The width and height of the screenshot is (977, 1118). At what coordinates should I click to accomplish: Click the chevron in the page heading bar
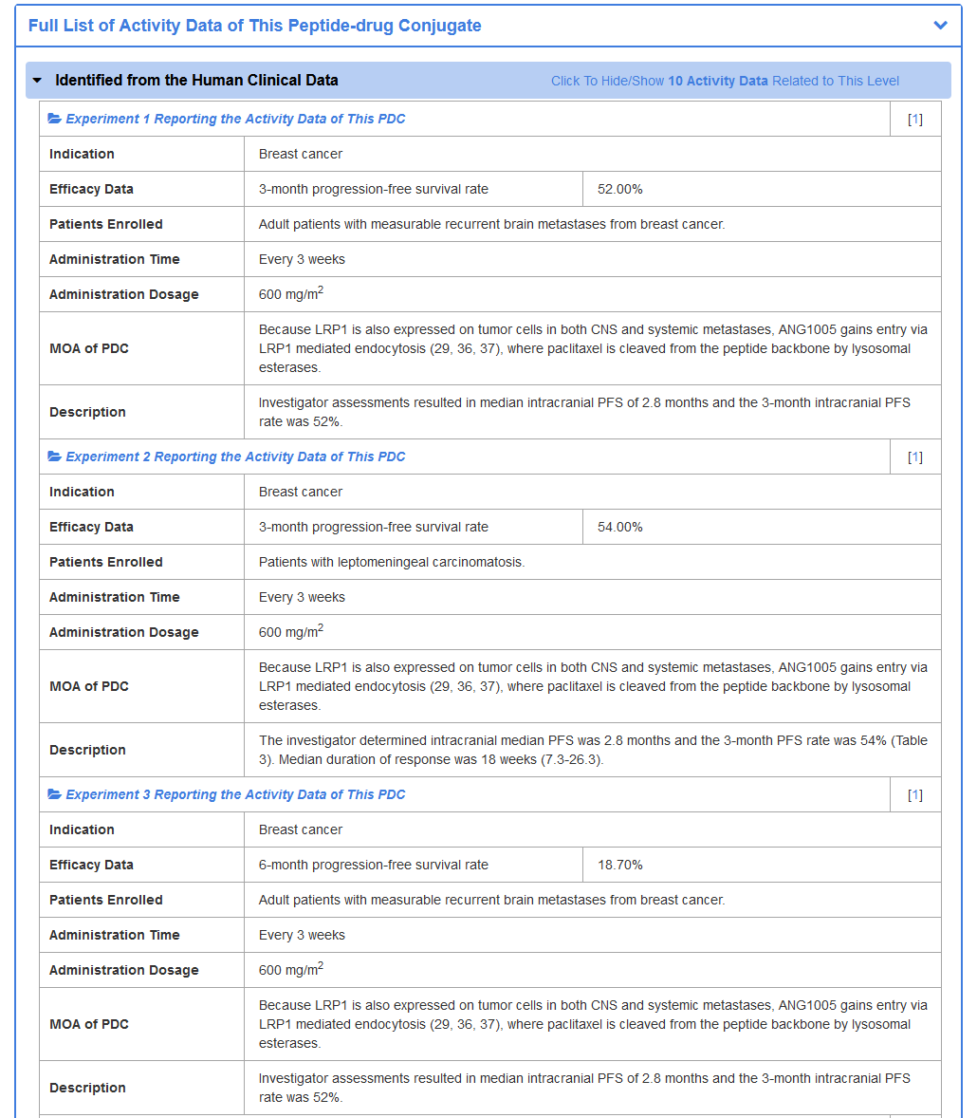(940, 26)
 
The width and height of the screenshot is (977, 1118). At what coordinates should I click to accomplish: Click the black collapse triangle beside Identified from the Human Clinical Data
(37, 81)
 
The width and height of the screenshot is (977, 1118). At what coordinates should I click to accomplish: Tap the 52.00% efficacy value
(619, 189)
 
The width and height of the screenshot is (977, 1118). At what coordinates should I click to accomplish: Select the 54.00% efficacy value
(619, 527)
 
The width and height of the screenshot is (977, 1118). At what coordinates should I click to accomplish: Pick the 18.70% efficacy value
(619, 865)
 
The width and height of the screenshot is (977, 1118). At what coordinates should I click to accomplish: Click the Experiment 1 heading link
(235, 119)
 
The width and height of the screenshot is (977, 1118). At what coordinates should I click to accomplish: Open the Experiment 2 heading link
(235, 457)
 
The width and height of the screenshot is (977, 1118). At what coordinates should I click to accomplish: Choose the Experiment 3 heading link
(235, 794)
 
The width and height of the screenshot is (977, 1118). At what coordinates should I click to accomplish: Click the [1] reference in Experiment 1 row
(914, 119)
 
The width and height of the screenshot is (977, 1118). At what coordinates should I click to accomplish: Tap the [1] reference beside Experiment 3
(914, 794)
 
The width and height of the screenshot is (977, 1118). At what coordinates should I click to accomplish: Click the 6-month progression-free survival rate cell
(374, 865)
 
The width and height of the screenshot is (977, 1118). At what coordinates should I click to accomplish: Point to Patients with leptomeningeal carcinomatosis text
(391, 562)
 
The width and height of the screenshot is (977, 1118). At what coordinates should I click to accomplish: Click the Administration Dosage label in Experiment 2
(124, 632)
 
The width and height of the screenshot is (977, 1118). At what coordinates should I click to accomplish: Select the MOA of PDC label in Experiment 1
(89, 348)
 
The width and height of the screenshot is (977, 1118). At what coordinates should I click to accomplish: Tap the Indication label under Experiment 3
(82, 829)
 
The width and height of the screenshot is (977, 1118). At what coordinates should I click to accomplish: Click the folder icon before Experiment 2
(55, 457)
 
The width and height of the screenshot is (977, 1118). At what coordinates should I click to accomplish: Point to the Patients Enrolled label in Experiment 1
(106, 224)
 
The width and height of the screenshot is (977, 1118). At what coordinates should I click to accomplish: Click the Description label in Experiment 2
(87, 750)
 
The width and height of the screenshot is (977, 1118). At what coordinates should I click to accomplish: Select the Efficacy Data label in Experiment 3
(91, 865)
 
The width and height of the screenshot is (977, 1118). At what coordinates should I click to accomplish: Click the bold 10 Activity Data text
(718, 81)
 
